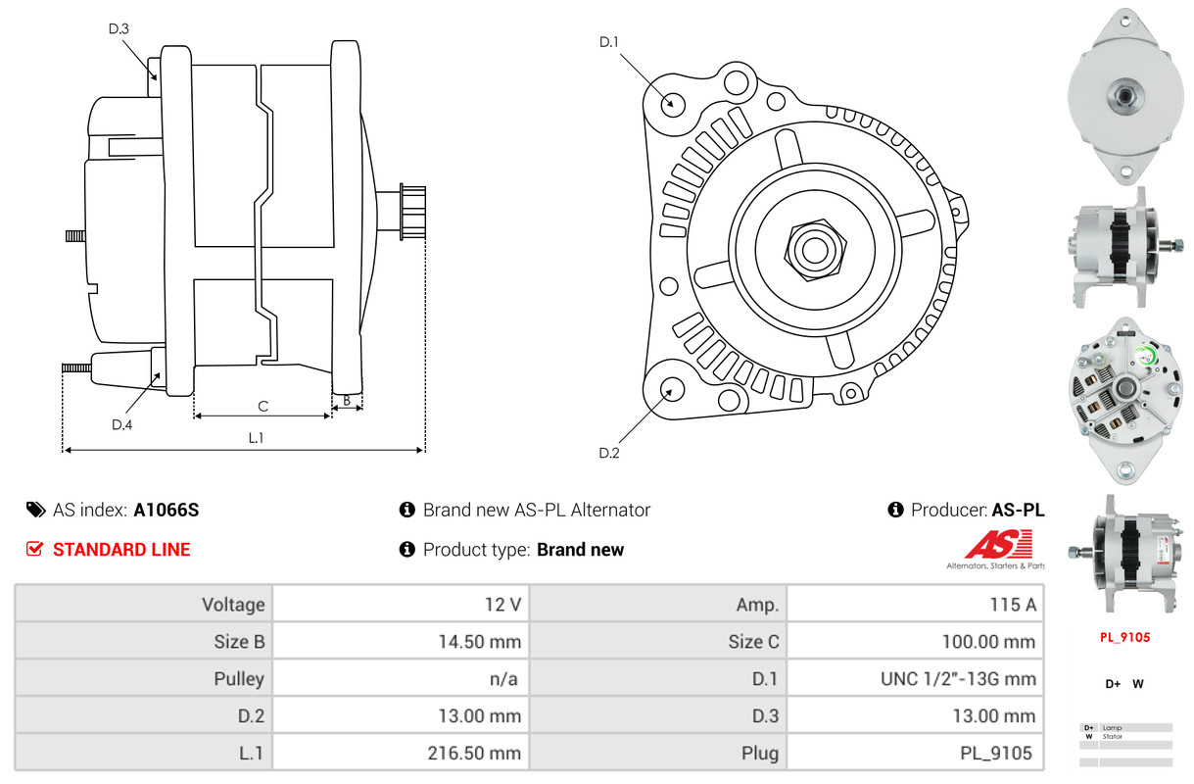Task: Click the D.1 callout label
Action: [608, 42]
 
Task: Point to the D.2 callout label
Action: [608, 453]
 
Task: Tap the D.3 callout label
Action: [119, 28]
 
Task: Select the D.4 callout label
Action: [121, 424]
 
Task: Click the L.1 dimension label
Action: [256, 438]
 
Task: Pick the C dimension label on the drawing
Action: [263, 407]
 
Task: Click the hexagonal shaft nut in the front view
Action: [815, 249]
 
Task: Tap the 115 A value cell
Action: [915, 605]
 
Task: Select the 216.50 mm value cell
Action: [401, 753]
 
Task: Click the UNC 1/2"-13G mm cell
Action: [915, 678]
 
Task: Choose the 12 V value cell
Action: [401, 605]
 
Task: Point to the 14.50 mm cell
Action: [401, 641]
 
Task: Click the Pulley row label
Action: [239, 678]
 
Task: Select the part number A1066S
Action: [166, 510]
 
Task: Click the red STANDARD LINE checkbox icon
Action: [34, 549]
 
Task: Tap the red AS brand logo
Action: [998, 544]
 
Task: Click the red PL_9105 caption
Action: [1124, 637]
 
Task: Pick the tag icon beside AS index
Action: [35, 510]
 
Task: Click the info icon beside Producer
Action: [895, 510]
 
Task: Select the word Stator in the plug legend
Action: [1113, 737]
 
